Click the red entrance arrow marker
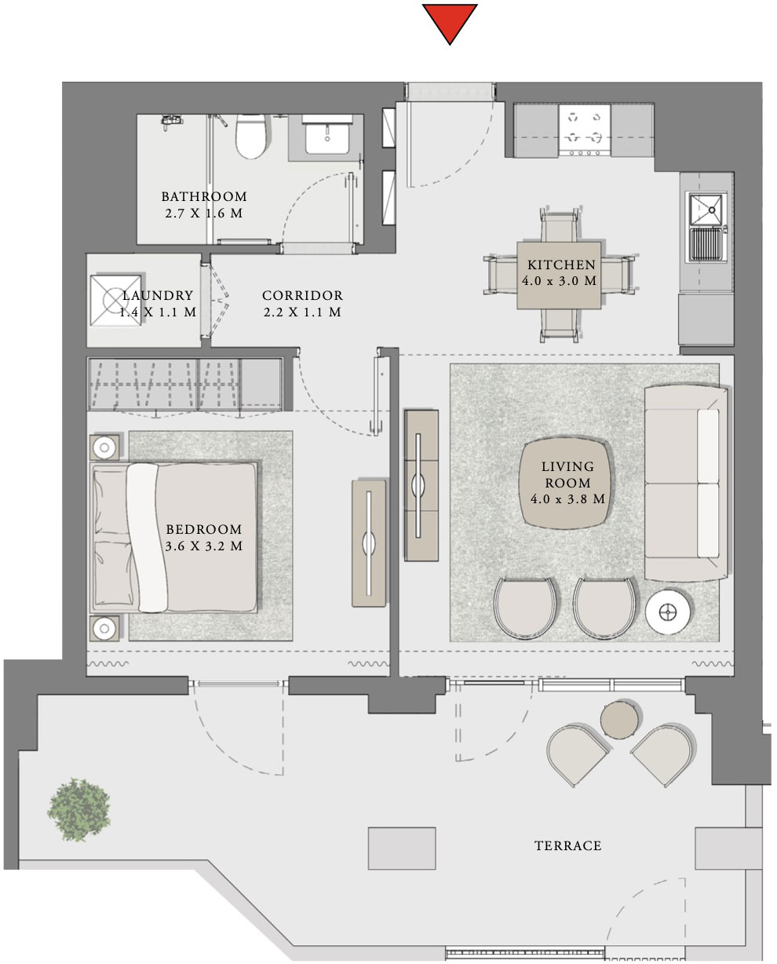click(x=450, y=22)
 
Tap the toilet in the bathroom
click(x=251, y=137)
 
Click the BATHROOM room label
click(x=204, y=197)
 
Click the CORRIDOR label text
click(x=302, y=296)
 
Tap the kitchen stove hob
click(x=584, y=130)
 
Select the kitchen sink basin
click(x=706, y=208)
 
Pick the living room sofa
click(x=683, y=482)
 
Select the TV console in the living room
click(x=421, y=484)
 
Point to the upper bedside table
click(x=104, y=447)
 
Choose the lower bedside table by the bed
click(x=104, y=628)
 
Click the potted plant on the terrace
click(x=79, y=809)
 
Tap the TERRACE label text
click(x=567, y=845)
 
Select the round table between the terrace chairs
click(x=620, y=718)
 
